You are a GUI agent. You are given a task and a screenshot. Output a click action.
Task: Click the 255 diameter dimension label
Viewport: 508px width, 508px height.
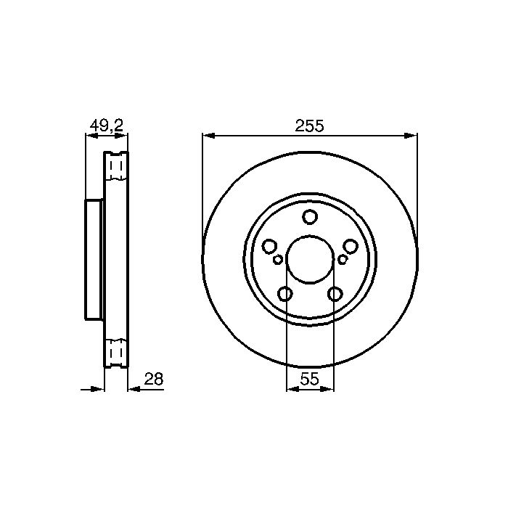tap(309, 126)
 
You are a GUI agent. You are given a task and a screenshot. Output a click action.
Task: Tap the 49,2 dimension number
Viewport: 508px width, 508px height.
tap(107, 126)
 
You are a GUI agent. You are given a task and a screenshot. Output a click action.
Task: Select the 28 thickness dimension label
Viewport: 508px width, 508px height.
tap(154, 379)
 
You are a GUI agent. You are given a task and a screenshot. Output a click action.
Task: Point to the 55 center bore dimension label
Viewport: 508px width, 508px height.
tap(310, 379)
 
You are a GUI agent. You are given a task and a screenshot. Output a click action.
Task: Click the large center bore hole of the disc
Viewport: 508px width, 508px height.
tap(310, 260)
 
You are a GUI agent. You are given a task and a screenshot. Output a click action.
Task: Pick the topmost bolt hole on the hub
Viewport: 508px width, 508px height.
tap(310, 217)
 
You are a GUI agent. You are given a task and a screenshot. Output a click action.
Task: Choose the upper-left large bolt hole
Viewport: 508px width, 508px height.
tap(269, 247)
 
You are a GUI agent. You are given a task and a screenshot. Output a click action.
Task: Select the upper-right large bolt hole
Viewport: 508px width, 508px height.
tap(351, 247)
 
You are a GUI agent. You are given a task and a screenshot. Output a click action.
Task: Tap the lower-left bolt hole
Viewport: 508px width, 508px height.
tap(285, 294)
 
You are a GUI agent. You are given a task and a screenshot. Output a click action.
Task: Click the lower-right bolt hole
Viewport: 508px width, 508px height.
tap(335, 294)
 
